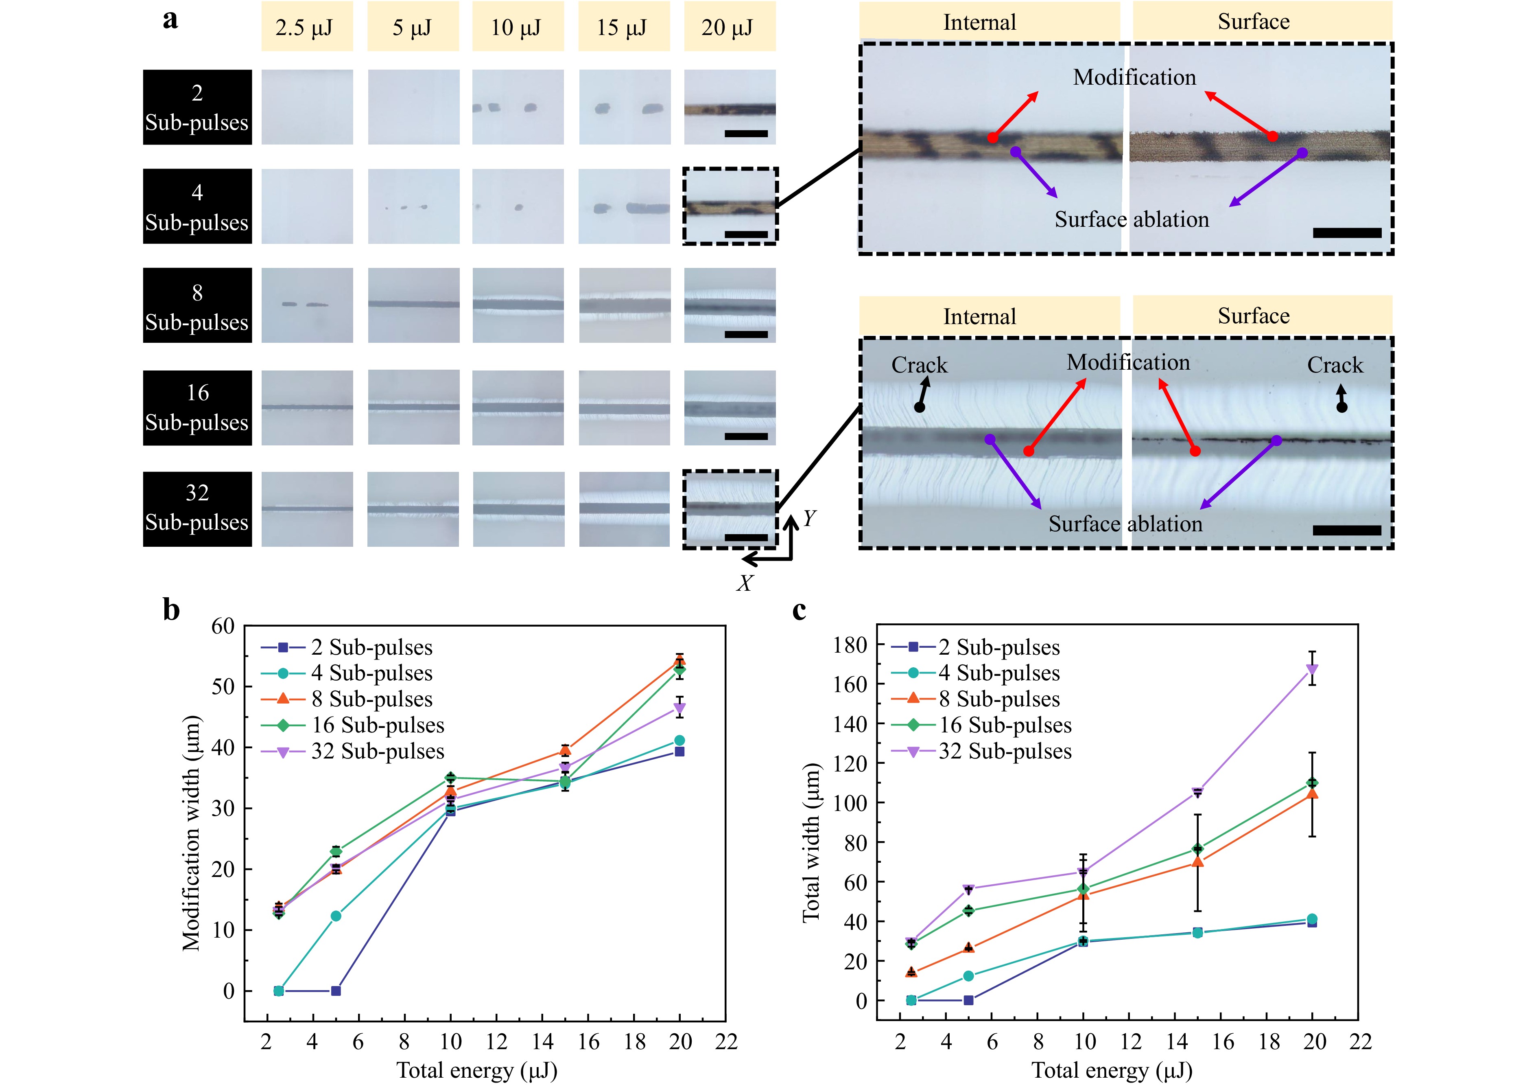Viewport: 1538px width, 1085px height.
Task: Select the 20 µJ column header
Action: tap(730, 27)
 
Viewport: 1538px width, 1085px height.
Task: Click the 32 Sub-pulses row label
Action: tap(197, 508)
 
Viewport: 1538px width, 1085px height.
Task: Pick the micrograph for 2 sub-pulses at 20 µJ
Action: tap(730, 107)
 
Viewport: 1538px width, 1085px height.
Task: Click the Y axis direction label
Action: tap(809, 518)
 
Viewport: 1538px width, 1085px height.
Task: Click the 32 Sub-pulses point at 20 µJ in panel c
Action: tap(1312, 669)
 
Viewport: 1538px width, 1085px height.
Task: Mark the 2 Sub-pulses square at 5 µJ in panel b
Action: tap(336, 991)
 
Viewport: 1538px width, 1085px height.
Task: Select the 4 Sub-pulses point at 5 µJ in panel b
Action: tap(336, 916)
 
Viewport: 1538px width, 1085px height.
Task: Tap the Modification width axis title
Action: tap(192, 833)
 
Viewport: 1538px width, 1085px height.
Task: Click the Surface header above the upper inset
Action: tap(1253, 22)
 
